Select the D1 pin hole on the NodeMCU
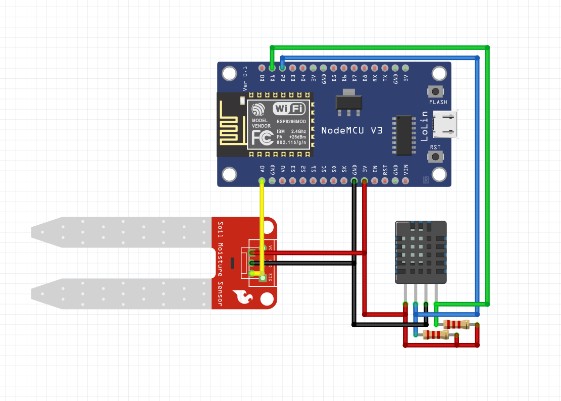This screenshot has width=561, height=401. [x=272, y=68]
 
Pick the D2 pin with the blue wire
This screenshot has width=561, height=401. [x=282, y=68]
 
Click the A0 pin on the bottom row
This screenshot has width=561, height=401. [x=262, y=180]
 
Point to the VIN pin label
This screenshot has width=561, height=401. [x=406, y=170]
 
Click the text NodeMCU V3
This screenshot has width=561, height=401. [x=351, y=130]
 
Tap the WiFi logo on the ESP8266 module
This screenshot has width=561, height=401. [x=289, y=109]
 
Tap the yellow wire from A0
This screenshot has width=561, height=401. [x=262, y=222]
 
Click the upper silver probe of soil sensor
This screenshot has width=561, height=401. [x=121, y=232]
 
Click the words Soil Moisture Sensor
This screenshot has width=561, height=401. [x=220, y=263]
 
